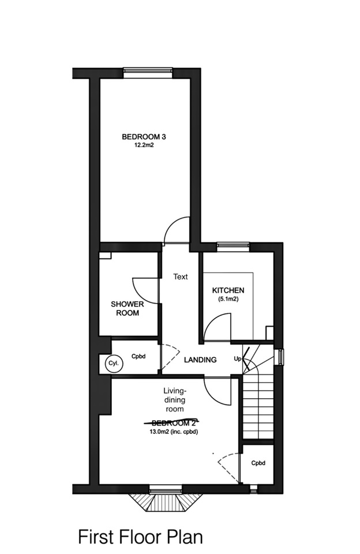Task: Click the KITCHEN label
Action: (228, 290)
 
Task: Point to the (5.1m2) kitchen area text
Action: (228, 300)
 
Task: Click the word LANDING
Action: (200, 360)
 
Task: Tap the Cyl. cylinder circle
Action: (111, 363)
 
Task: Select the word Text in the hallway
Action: (181, 277)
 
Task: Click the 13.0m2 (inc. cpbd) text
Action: (173, 432)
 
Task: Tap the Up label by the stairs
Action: (237, 359)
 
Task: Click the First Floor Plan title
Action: (141, 537)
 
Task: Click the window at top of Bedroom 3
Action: (148, 73)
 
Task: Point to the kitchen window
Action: (233, 246)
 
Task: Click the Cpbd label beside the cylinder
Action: (137, 357)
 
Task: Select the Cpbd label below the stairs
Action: (258, 463)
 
